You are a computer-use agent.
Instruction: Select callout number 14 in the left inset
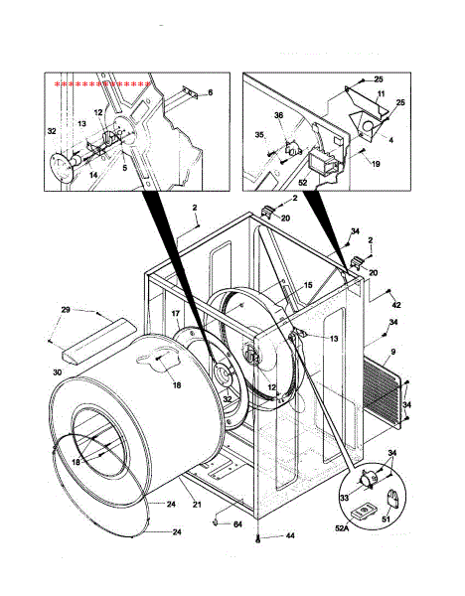93,174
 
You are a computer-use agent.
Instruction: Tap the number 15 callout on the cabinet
307,285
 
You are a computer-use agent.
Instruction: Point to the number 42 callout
396,304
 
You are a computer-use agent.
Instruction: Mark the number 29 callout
66,312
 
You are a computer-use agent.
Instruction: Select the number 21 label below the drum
197,506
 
